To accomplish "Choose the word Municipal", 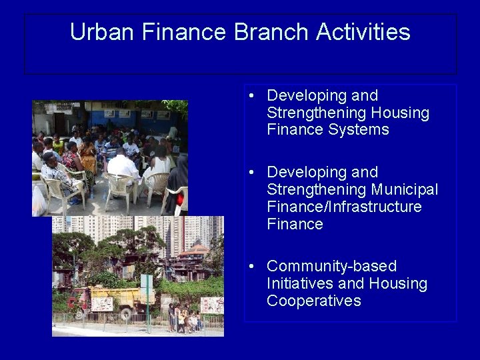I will tap(405, 190).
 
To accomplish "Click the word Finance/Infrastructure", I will tap(344, 207).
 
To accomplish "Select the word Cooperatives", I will tap(313, 301).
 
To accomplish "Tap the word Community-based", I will tap(331, 267).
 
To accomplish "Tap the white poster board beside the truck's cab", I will tap(101, 305).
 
